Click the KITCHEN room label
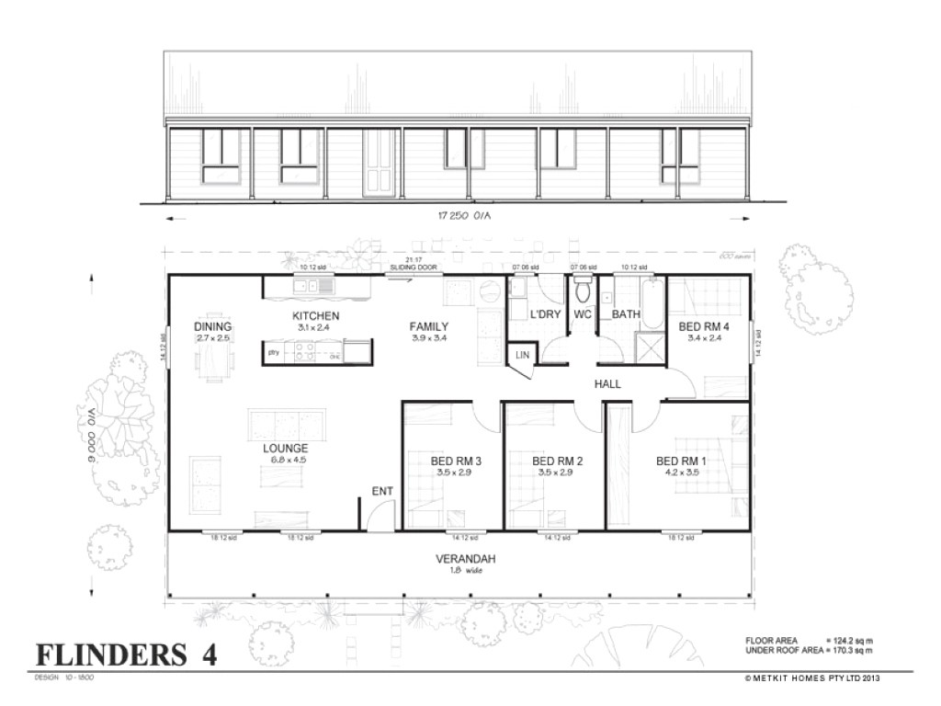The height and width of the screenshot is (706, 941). pyautogui.click(x=318, y=316)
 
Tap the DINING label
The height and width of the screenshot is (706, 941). pyautogui.click(x=212, y=327)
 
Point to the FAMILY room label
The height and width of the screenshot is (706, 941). pyautogui.click(x=429, y=326)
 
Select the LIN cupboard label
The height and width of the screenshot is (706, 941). pyautogui.click(x=522, y=355)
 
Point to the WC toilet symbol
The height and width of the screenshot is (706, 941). pyautogui.click(x=583, y=293)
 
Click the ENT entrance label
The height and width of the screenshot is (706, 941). pyautogui.click(x=382, y=492)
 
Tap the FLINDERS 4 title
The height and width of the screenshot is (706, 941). pyautogui.click(x=126, y=654)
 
